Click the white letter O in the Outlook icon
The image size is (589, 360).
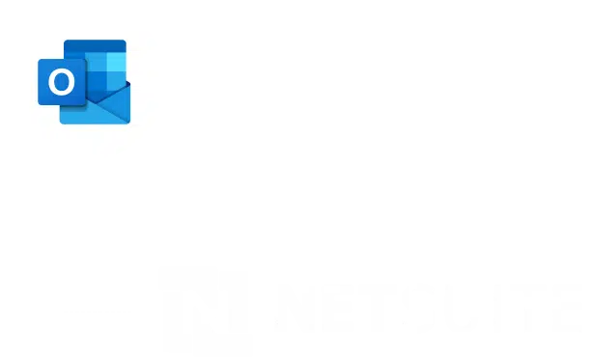(x=60, y=82)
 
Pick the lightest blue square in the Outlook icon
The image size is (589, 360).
(x=116, y=61)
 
